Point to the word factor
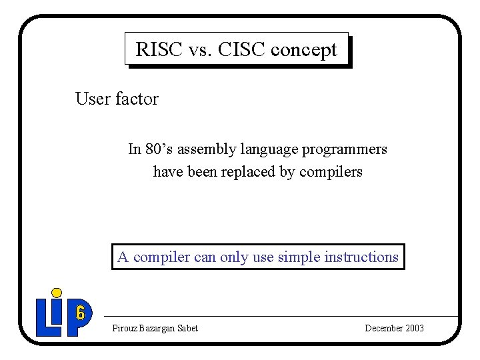(137, 99)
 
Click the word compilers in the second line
(331, 172)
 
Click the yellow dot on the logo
(57, 293)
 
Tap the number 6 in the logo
(80, 313)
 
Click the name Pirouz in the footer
(124, 328)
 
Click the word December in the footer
(383, 328)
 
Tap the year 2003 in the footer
(413, 328)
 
